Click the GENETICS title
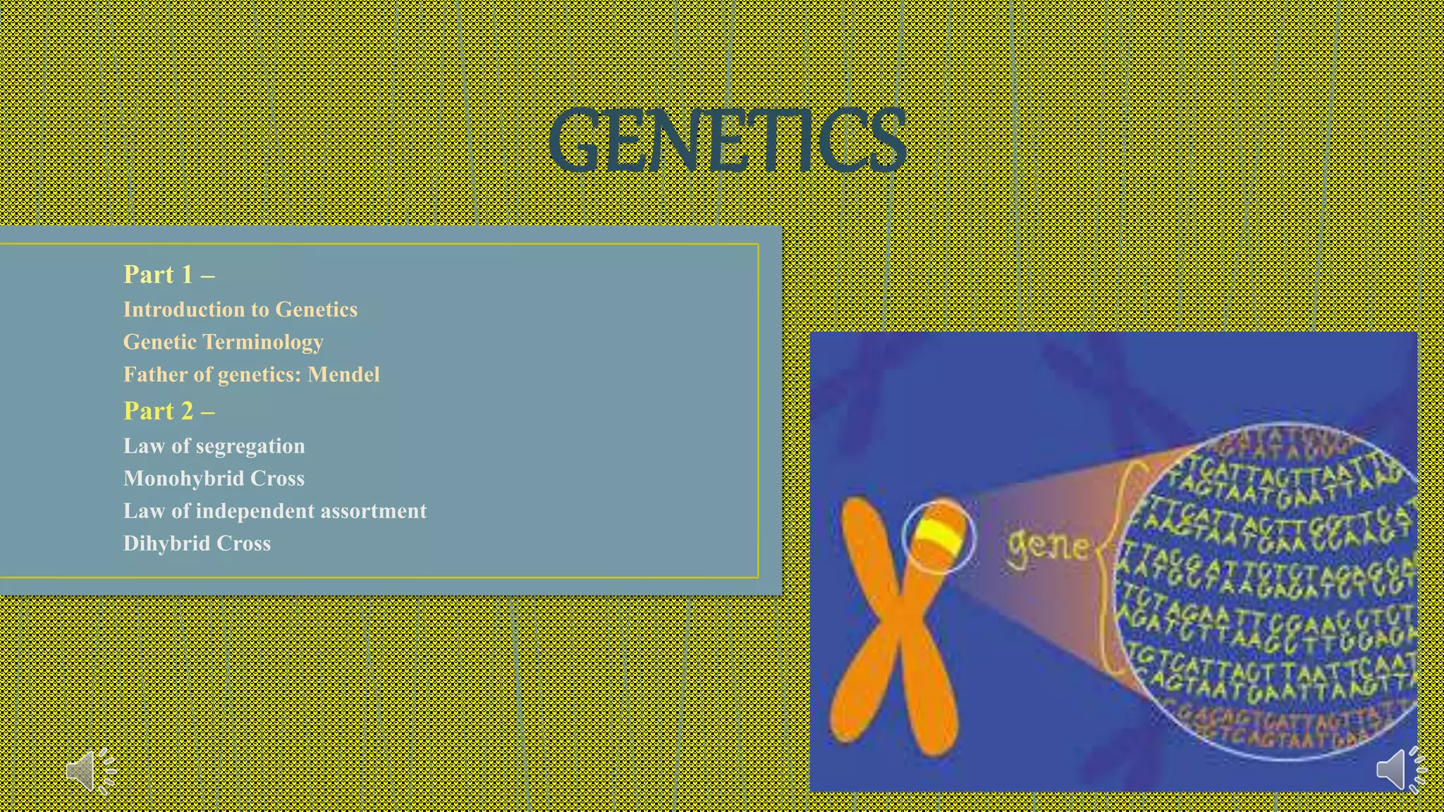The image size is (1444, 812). point(726,141)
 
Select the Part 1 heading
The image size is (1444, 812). point(168,274)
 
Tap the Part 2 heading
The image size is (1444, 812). point(168,411)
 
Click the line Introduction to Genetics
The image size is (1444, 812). point(240,309)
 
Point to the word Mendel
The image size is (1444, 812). point(343,374)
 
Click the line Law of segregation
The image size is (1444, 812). point(214,446)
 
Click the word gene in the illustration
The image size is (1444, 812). point(1047,546)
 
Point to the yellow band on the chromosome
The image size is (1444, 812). point(938,537)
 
